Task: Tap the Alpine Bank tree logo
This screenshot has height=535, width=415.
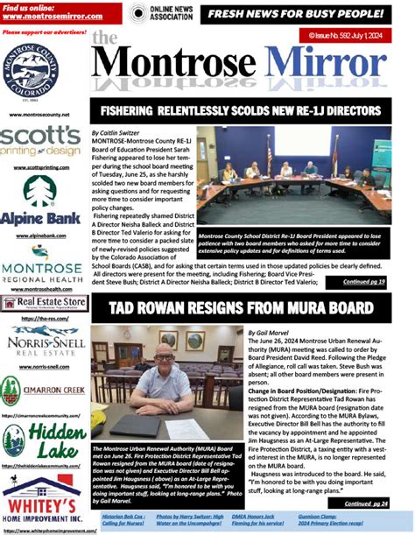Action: [40, 192]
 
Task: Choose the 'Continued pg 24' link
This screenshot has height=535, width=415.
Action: [363, 503]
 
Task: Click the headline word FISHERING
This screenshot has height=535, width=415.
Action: [132, 112]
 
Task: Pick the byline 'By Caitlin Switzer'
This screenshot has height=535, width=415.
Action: [117, 131]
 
